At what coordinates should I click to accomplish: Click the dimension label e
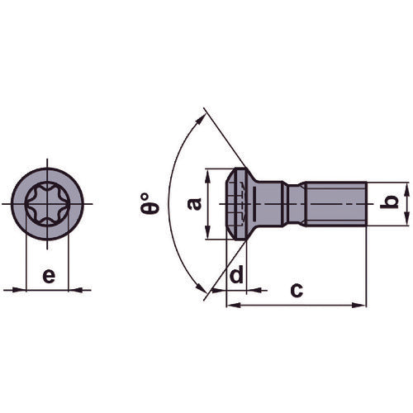coord(49,275)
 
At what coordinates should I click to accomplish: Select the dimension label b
coord(395,202)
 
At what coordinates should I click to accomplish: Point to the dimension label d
coord(237,275)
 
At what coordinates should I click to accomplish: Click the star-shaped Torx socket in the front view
coord(48,203)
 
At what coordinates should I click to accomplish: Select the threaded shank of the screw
coord(335,203)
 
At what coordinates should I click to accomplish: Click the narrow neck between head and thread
coord(294,203)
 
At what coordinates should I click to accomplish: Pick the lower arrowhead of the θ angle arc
coord(201,290)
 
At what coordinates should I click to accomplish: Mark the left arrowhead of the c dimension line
coord(230,306)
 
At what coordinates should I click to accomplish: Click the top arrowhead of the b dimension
coord(406,186)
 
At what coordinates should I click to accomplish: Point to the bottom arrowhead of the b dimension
coord(406,220)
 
